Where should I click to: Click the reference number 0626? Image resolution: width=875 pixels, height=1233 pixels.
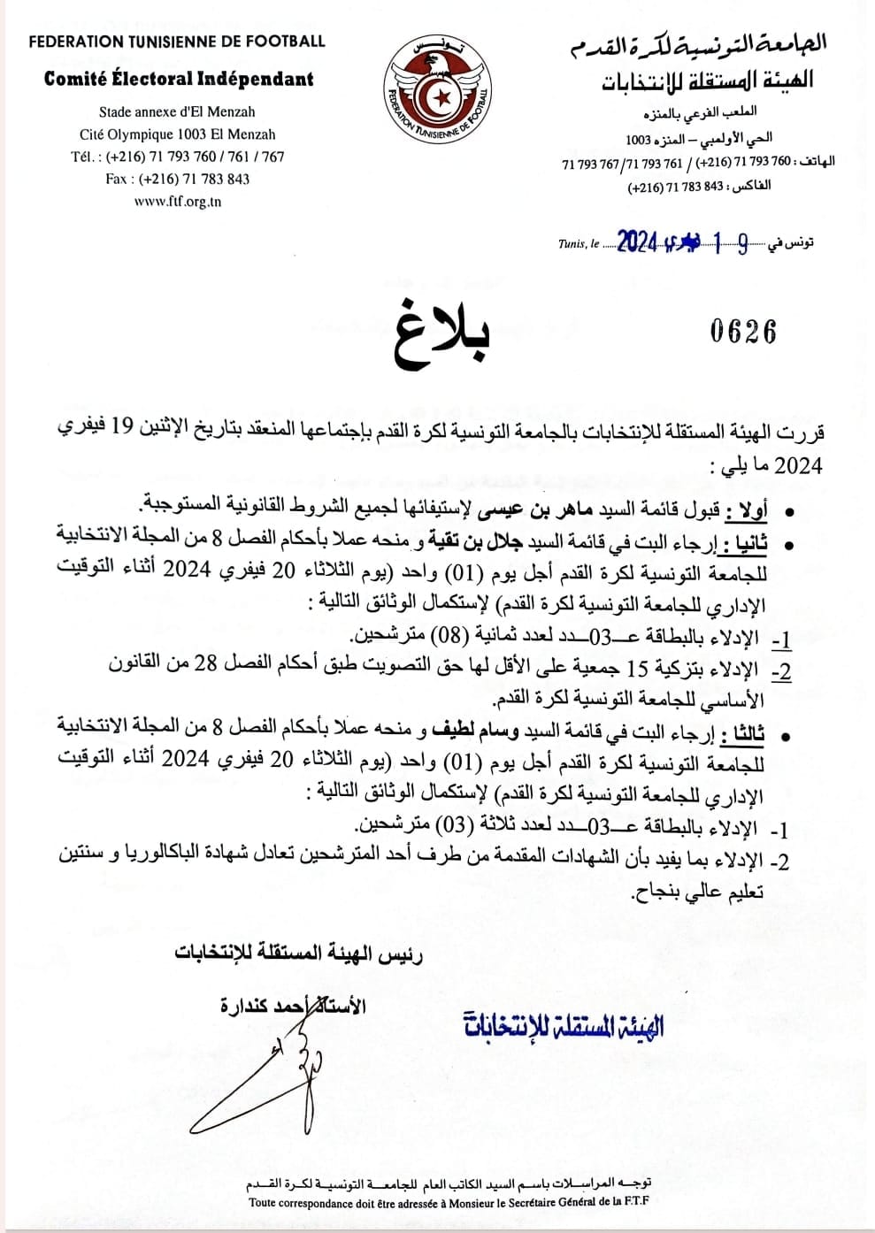(x=743, y=332)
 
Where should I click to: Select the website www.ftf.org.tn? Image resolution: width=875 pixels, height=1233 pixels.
(x=177, y=202)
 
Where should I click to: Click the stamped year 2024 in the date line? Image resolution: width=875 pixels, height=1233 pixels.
(x=637, y=241)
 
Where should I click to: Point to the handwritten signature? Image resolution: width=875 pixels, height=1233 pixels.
(x=265, y=1070)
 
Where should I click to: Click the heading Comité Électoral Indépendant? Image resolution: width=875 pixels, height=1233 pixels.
(x=179, y=79)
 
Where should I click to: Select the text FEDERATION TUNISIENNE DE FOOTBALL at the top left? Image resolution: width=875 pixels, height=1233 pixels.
(x=177, y=41)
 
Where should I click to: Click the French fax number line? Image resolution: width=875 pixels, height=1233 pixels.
(x=177, y=179)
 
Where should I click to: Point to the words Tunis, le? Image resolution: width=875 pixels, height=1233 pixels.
(x=579, y=243)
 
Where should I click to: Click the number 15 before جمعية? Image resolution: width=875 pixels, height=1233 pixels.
(x=638, y=667)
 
